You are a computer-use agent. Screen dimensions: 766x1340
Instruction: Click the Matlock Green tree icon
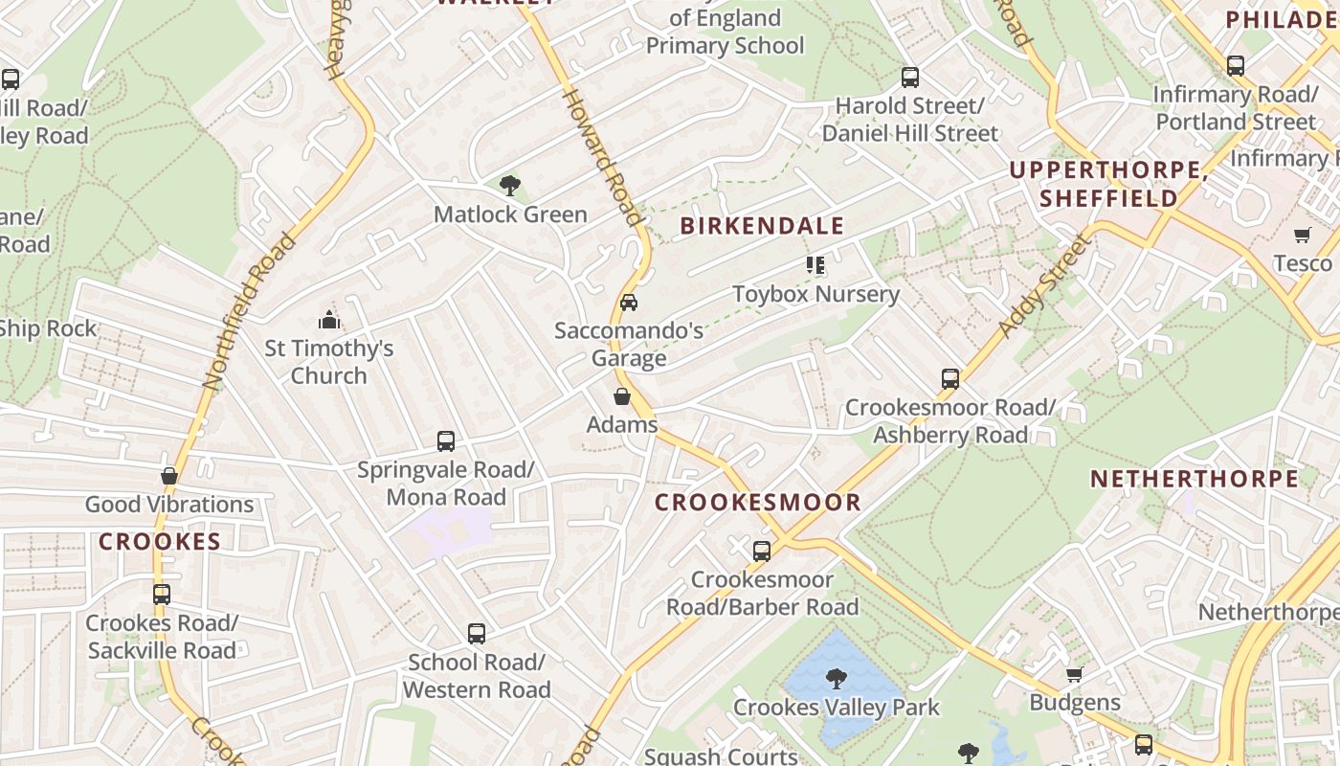(510, 185)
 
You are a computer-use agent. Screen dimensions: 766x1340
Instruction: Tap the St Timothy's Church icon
(329, 320)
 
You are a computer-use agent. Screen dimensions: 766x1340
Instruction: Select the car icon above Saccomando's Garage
(629, 303)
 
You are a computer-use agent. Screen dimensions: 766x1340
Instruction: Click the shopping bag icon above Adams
(622, 396)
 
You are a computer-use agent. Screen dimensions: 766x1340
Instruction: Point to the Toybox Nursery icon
(815, 264)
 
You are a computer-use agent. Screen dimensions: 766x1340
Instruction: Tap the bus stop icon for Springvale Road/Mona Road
(446, 441)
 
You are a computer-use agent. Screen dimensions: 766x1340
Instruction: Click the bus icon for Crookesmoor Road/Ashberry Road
(950, 379)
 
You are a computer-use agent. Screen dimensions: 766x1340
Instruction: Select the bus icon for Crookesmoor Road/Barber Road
(762, 552)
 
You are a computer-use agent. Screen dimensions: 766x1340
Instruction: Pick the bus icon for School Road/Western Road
(477, 634)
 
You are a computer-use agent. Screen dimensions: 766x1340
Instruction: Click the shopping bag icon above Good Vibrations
(169, 476)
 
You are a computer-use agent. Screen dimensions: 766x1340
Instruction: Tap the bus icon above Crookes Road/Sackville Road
(162, 595)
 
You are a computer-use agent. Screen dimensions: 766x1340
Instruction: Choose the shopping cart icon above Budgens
(1075, 675)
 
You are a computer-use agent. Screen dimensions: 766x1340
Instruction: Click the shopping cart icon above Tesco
(1303, 236)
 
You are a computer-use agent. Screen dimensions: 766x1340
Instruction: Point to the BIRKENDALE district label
(762, 226)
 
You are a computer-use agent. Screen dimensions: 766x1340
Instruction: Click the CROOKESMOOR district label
(758, 502)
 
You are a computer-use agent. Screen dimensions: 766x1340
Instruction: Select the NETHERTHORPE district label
(1195, 479)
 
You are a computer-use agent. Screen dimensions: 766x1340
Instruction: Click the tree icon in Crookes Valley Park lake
(837, 679)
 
